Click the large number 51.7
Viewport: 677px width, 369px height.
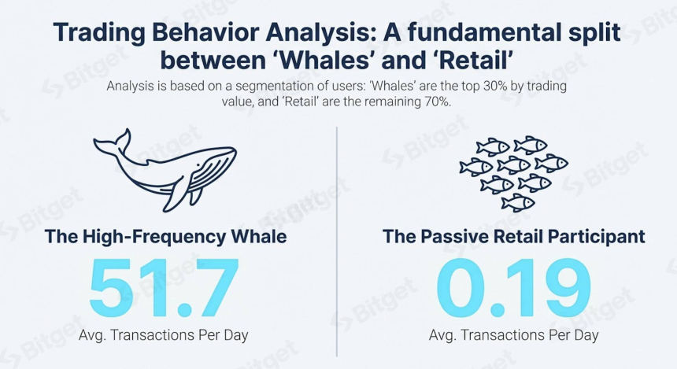coord(164,287)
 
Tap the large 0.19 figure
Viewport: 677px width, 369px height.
coord(513,287)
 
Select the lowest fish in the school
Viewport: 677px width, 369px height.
coord(518,202)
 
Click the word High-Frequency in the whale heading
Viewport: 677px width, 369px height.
coord(154,237)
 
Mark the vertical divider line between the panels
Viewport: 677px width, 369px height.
coord(337,242)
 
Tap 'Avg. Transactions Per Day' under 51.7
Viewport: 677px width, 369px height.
coord(164,335)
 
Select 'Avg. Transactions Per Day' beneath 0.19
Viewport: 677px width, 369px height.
coord(514,335)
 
